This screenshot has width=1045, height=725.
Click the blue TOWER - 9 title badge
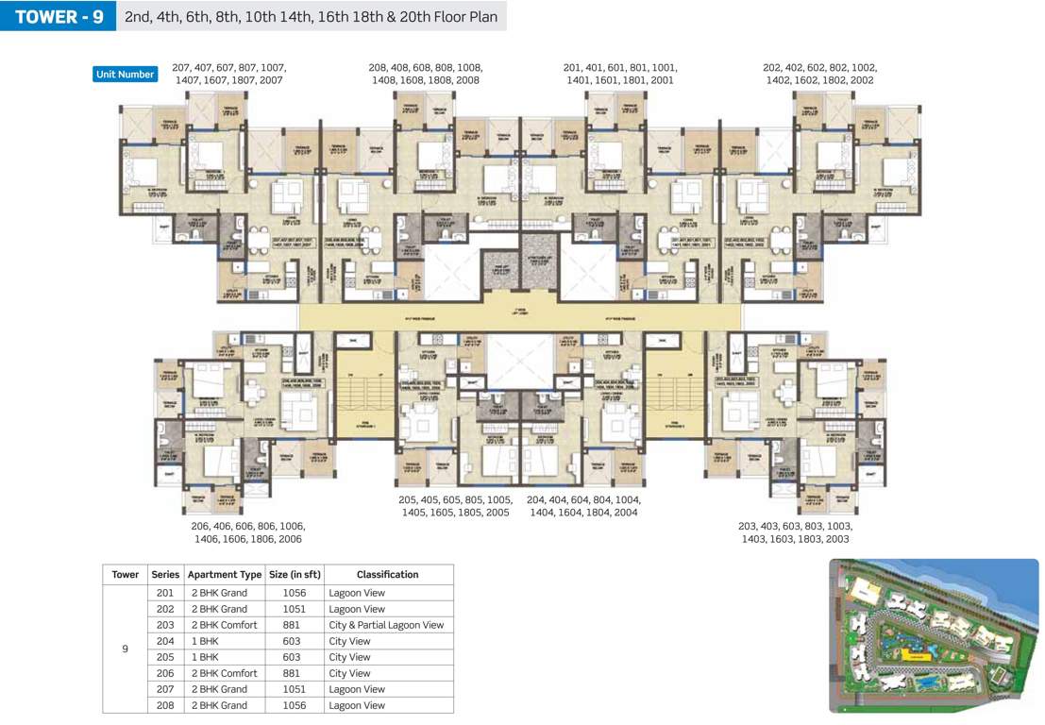tap(59, 17)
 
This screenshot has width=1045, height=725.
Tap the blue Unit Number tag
tap(125, 75)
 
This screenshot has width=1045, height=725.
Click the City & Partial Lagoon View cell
tap(386, 625)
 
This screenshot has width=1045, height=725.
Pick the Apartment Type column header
tap(225, 574)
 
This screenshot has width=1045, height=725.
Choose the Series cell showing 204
tap(165, 641)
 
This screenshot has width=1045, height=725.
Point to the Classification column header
tap(387, 574)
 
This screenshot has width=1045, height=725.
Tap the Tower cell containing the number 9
tap(125, 649)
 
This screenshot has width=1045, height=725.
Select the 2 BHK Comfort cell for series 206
tap(225, 673)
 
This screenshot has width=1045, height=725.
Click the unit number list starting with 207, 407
tap(229, 75)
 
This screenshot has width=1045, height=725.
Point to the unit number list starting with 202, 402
tap(819, 75)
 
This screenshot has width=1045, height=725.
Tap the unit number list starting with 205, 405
tap(454, 506)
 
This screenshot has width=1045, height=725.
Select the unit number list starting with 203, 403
tap(795, 532)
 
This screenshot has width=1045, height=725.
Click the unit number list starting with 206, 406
tap(248, 532)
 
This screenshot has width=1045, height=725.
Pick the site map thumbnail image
tap(934, 635)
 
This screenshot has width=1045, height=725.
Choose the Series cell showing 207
tap(165, 689)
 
